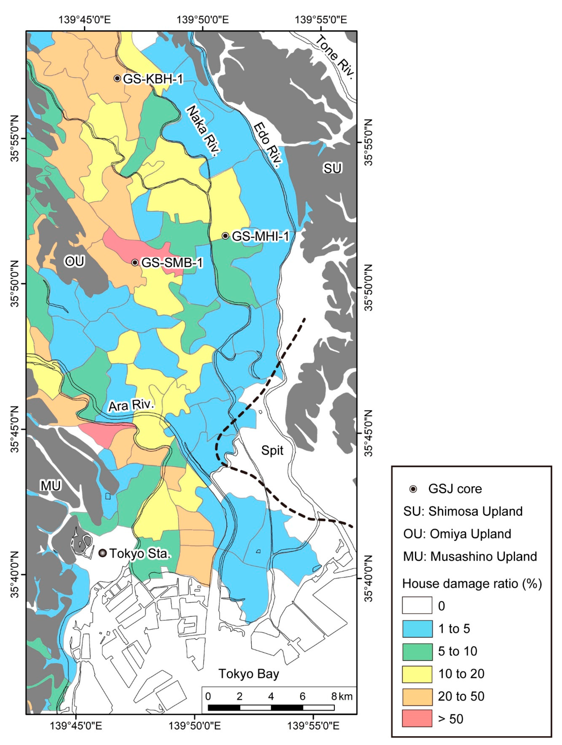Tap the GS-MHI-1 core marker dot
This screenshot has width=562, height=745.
tap(225, 236)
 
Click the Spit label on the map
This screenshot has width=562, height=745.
tap(272, 450)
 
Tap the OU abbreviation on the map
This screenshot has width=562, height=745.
tap(74, 261)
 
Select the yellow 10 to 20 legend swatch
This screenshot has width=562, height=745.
tap(417, 673)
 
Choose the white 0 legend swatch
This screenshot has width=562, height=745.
tap(417, 605)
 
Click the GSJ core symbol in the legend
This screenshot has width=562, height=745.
tap(413, 489)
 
